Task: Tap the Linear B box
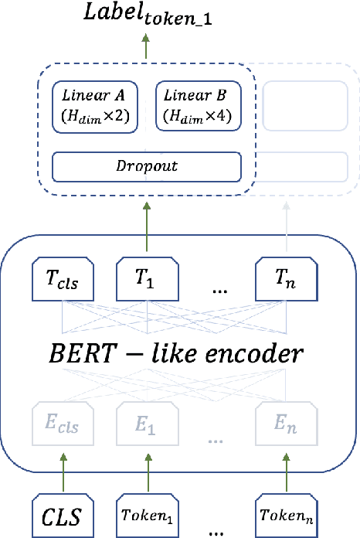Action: pyautogui.click(x=199, y=105)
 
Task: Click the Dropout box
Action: pyautogui.click(x=146, y=166)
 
